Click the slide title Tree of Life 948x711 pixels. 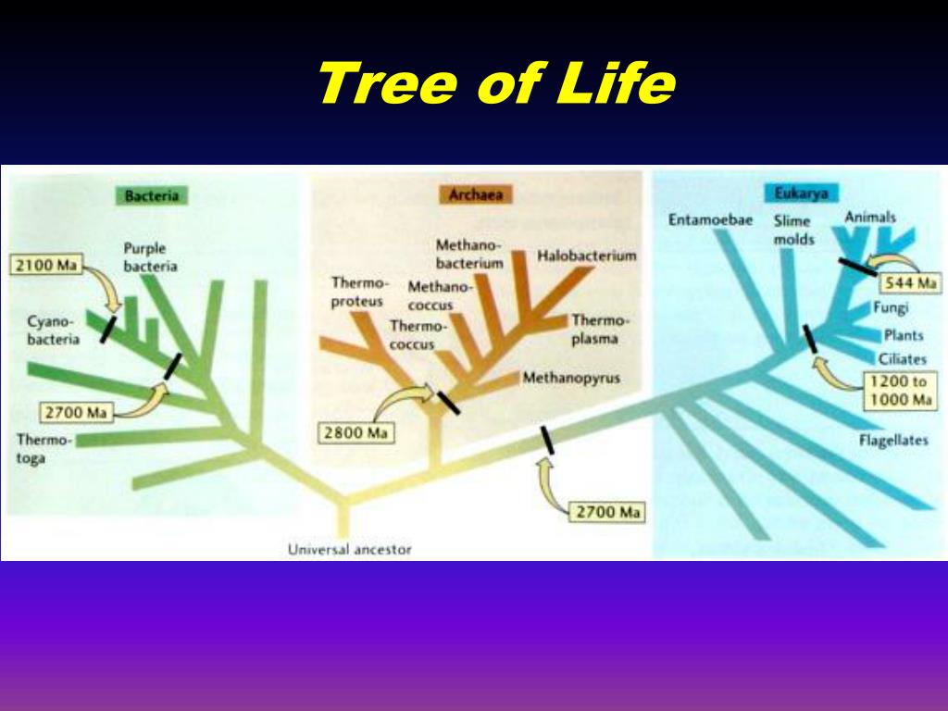point(495,84)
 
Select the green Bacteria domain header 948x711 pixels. point(151,195)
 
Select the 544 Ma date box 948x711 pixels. point(906,282)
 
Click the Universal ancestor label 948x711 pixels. point(349,549)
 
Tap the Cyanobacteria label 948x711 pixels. point(53,330)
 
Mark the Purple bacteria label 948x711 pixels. point(150,256)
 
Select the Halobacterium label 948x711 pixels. point(587,256)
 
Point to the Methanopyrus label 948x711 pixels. point(570,378)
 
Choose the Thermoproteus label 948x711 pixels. point(360,291)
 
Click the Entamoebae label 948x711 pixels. point(710,220)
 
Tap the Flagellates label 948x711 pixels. point(893,441)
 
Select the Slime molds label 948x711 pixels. point(793,230)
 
